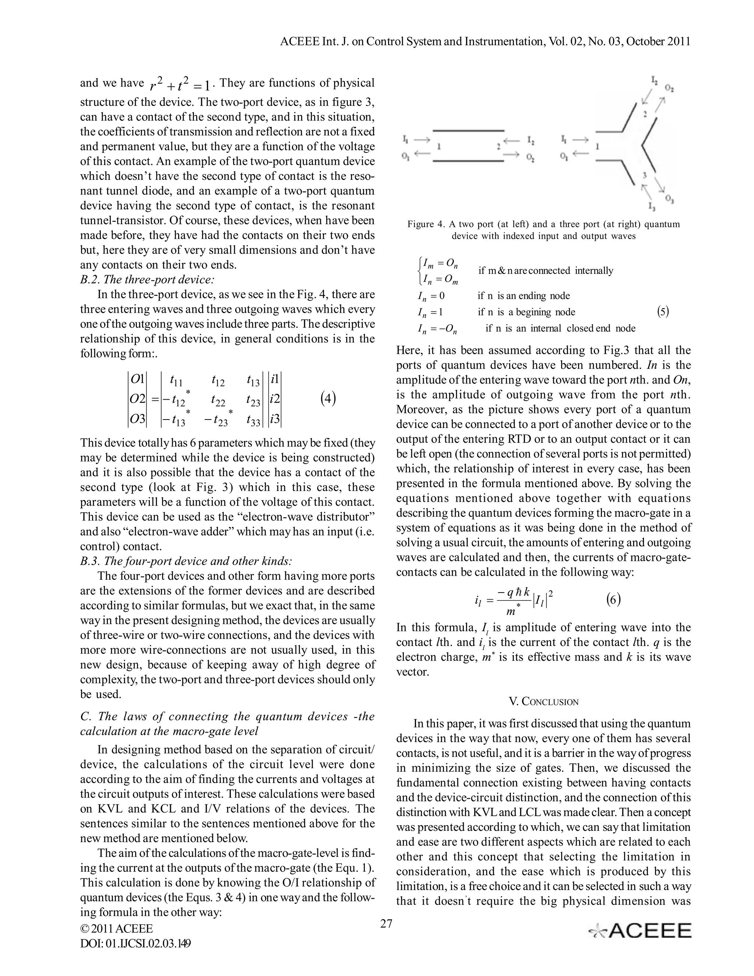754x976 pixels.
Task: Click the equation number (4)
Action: click(x=328, y=398)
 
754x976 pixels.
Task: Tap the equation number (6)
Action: click(x=613, y=599)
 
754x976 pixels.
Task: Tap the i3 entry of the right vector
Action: click(x=275, y=419)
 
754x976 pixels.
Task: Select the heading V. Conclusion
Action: click(x=544, y=701)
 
